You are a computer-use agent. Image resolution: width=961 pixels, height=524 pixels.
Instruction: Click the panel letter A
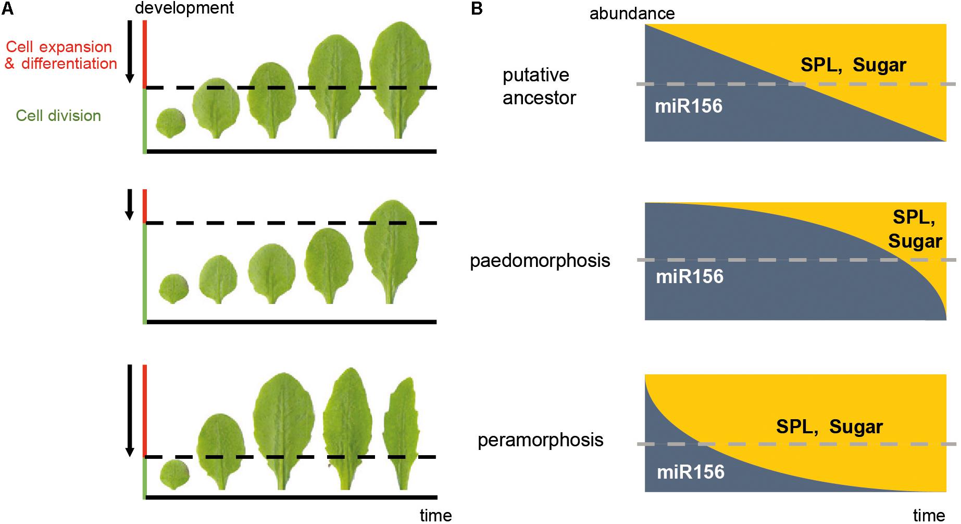pos(8,9)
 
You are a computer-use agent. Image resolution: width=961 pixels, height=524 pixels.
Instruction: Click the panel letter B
pos(476,9)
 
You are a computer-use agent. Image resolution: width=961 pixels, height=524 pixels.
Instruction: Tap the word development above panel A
pos(184,8)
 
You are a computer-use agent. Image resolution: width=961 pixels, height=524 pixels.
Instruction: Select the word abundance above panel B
pos(632,13)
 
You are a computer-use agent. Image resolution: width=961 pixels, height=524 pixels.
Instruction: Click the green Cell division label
pos(58,116)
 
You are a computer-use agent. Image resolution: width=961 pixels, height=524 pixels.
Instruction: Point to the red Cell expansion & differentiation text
pos(60,55)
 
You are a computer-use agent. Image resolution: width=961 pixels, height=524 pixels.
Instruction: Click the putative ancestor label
pos(539,86)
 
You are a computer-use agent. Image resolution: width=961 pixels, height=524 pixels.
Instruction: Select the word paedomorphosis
pos(540,260)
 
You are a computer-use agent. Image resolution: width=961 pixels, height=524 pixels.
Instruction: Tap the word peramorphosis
pos(540,440)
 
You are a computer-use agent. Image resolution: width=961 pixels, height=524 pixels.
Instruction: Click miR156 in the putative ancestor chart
pos(689,106)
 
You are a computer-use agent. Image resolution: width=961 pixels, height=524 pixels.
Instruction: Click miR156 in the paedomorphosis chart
pos(689,276)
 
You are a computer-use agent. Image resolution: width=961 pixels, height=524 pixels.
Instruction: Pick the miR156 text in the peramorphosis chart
pos(690,472)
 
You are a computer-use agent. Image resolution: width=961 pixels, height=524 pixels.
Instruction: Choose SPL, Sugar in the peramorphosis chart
pos(829,427)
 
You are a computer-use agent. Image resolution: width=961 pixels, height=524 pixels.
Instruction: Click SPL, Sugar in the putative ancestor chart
pos(853,65)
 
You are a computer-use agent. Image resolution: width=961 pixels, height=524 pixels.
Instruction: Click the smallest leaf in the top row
pos(171,123)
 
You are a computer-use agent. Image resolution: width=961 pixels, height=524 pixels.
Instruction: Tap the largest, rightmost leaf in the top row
pos(401,78)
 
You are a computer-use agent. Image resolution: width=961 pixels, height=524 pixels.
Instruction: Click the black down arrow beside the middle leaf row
pos(130,205)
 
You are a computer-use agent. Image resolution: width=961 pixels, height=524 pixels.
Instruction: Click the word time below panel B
pos(929,516)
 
